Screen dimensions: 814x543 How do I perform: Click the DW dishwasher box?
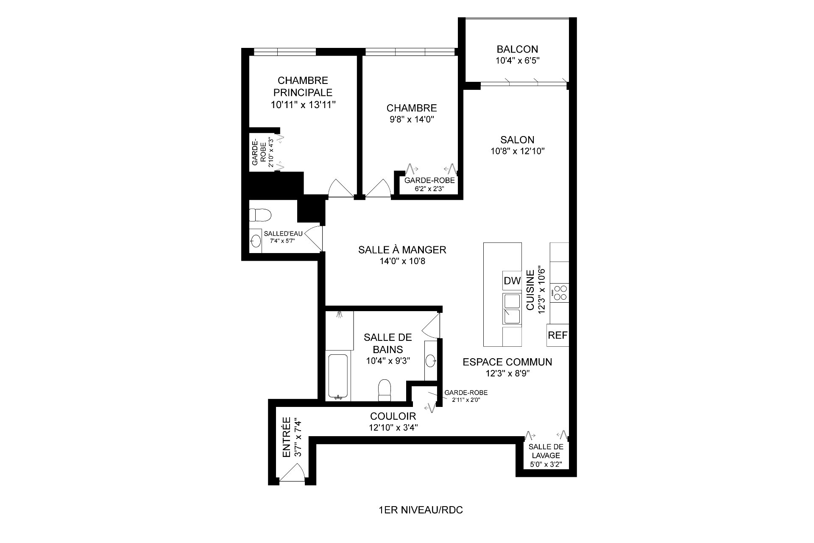[x=512, y=281]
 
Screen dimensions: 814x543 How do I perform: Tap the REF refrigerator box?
[x=558, y=335]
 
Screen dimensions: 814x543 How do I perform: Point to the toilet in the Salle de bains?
[x=385, y=390]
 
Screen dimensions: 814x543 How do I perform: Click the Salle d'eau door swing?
[x=314, y=238]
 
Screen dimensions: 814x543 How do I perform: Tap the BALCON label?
[x=517, y=49]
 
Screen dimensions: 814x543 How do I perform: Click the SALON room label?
[x=517, y=140]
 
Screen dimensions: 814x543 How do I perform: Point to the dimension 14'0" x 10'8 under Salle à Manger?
[x=402, y=262]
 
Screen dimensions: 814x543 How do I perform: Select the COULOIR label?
[x=393, y=416]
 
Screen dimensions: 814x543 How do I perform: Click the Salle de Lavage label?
[x=546, y=451]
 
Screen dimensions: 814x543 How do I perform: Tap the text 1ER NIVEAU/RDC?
[x=421, y=510]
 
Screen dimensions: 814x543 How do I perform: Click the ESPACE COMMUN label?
[x=507, y=362]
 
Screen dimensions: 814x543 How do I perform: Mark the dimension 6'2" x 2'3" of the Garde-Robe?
[x=429, y=189]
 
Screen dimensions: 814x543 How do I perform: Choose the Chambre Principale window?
[x=285, y=52]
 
